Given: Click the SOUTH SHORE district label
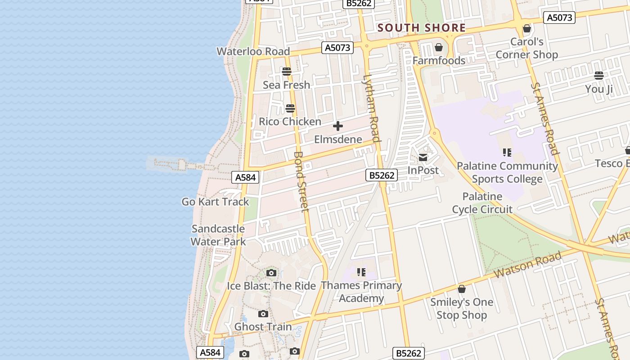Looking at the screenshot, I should coord(421,28).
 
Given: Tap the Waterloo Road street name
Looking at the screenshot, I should coord(253,51).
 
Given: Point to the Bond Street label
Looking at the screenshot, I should coord(301,181).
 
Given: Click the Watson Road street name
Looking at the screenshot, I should coord(527,265).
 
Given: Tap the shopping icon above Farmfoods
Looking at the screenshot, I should coord(439,47).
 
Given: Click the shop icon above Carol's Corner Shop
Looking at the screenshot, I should coord(527,29).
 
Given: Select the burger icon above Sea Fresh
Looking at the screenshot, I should coord(287,72).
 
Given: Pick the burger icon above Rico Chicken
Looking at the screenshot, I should coord(290,108).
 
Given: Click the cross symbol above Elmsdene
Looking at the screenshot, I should coord(338,126).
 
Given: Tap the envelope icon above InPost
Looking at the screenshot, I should coord(423,157).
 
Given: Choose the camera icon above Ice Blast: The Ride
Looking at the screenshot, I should coord(271,273).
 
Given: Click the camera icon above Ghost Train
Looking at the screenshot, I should coord(263,314).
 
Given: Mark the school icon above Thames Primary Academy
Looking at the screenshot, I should coord(361,272).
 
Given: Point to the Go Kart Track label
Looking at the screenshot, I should coord(215,202).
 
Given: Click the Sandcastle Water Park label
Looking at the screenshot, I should coord(218,235).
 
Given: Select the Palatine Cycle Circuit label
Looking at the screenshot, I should coord(482,203).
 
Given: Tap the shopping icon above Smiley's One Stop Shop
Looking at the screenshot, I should coord(462,289).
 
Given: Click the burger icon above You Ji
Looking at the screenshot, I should coord(599,75).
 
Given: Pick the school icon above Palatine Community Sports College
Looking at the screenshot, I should coord(507,153).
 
